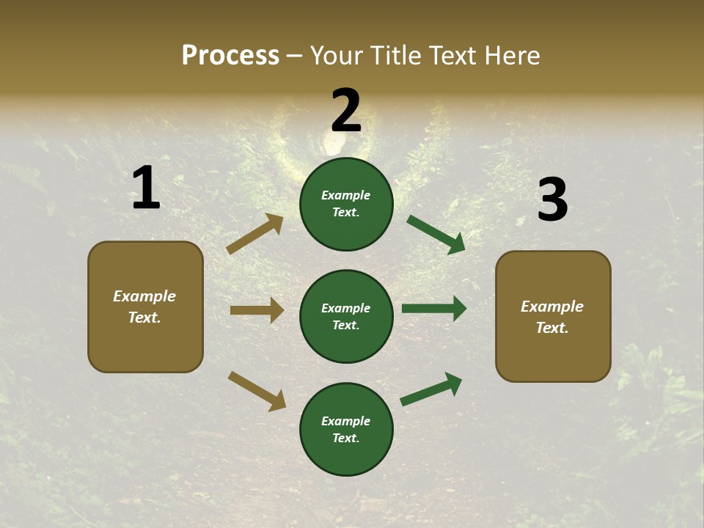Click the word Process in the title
[x=230, y=56]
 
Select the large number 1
[x=146, y=189]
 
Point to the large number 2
[x=346, y=111]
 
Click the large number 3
[x=552, y=200]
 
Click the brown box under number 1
[x=145, y=307]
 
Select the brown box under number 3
[x=553, y=317]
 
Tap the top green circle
[x=346, y=204]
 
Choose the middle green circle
[x=346, y=317]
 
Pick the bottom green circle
[x=346, y=430]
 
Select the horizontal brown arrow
[x=257, y=310]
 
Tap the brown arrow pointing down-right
[x=257, y=391]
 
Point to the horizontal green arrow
[x=434, y=309]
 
